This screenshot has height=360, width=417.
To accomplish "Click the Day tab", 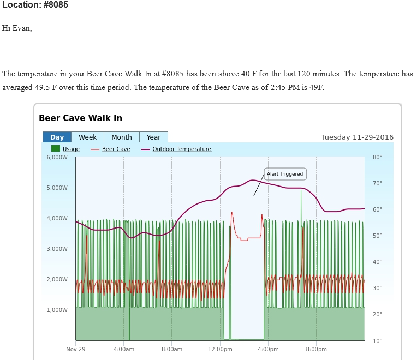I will (57, 137).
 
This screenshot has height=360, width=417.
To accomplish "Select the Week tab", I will (87, 137).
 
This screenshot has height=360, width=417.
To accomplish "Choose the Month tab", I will (121, 137).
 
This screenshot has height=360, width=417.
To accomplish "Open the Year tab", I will (153, 137).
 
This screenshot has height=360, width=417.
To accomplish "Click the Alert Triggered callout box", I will (284, 174).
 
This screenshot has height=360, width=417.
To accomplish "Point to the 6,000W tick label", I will (57, 157).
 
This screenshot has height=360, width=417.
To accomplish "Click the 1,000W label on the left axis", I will (57, 310).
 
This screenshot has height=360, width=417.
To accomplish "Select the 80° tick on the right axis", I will (377, 157).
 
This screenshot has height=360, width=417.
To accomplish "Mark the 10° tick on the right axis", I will (377, 341).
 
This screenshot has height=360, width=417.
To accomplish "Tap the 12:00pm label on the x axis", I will (221, 349).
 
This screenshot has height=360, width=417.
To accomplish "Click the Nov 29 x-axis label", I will (76, 349).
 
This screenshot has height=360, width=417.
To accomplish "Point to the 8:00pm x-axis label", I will (316, 349).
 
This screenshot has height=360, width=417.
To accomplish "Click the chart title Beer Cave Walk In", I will (80, 118).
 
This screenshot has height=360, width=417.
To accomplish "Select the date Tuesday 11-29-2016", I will (357, 137).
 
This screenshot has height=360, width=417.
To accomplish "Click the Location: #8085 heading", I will (35, 5).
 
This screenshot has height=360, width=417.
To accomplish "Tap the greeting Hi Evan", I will (17, 28).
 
